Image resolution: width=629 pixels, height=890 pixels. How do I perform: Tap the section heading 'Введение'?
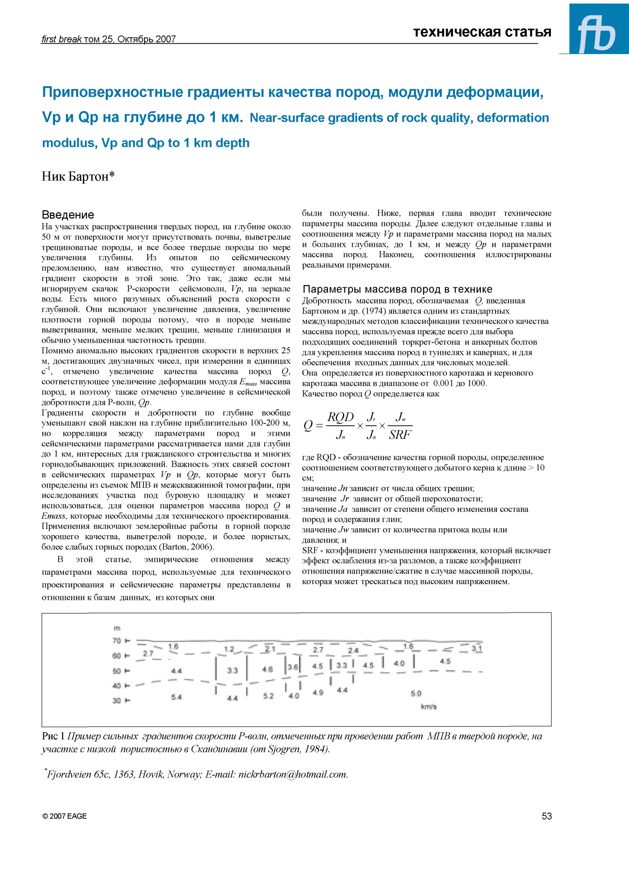(68, 215)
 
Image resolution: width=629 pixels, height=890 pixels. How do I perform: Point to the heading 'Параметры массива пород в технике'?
(397, 289)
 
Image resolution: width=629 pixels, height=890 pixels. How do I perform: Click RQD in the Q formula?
(340, 417)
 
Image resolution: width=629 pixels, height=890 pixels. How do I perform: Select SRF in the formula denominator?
(399, 435)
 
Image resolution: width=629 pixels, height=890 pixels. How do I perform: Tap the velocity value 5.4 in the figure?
(176, 697)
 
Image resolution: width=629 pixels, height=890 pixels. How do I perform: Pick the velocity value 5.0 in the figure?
(416, 693)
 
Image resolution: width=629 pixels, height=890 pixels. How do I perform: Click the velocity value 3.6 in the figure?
(293, 667)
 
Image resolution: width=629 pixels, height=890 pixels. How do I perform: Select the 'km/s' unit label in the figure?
(429, 707)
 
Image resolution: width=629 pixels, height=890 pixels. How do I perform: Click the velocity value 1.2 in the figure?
(229, 649)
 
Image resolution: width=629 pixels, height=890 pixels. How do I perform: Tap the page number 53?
(546, 816)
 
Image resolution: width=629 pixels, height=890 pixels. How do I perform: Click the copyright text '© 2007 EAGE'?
(64, 816)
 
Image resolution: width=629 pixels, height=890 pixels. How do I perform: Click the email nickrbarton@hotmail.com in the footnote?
(293, 774)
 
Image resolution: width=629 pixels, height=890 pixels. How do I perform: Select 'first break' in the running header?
(62, 39)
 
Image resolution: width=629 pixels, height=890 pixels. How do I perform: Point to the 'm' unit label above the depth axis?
(117, 628)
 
